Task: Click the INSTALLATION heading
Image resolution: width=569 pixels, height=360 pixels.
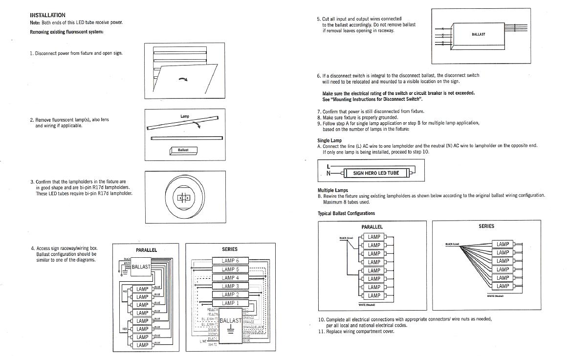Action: click(x=47, y=15)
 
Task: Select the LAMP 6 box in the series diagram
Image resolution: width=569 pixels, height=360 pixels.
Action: click(x=230, y=261)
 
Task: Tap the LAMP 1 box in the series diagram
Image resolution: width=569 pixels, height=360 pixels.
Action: click(x=230, y=303)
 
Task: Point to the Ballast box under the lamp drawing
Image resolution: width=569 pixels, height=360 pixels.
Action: click(x=183, y=150)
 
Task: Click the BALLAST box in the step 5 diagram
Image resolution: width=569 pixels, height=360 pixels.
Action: click(x=478, y=34)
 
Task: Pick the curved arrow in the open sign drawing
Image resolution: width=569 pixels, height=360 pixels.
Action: click(x=183, y=80)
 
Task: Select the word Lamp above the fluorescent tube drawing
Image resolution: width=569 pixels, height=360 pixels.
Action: click(x=184, y=116)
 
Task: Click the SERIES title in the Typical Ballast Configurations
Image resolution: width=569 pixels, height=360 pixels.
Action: click(x=486, y=226)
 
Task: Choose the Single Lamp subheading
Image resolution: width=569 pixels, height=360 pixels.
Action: click(x=329, y=140)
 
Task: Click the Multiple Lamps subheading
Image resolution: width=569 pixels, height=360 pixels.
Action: click(x=332, y=190)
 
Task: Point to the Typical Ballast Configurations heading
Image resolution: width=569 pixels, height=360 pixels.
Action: click(x=346, y=213)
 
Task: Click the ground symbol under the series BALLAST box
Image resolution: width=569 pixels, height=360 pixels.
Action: click(x=231, y=330)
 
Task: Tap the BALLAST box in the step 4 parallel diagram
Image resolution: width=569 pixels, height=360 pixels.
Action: click(x=141, y=267)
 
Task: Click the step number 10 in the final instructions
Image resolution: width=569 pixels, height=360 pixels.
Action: click(x=321, y=319)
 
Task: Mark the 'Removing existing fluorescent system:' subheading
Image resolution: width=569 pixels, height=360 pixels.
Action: click(x=66, y=32)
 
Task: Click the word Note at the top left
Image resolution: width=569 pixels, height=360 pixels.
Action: click(x=35, y=22)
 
